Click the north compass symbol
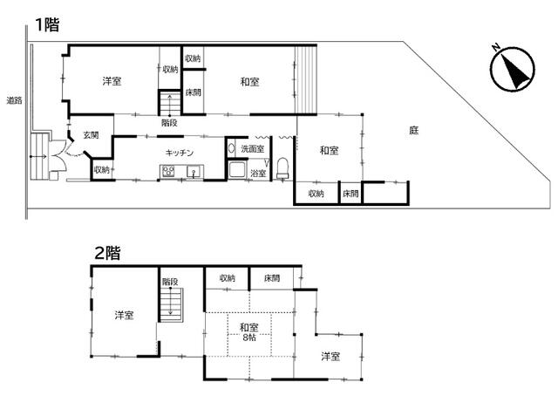tap(513, 68)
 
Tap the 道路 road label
tap(14, 100)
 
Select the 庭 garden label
tap(413, 130)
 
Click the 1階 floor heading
tap(47, 25)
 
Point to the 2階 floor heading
tap(107, 253)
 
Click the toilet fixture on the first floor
tap(282, 168)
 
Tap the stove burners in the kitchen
tap(167, 172)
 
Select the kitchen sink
tap(194, 172)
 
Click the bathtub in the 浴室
tap(237, 169)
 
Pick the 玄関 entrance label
tap(91, 135)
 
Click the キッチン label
tap(180, 153)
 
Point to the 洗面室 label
tap(252, 149)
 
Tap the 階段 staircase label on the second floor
tap(170, 282)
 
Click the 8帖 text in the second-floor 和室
tap(249, 338)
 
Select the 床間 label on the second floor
tap(272, 277)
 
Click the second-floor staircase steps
tap(171, 305)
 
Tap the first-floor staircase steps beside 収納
tap(170, 103)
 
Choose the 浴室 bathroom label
tap(258, 174)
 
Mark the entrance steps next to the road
tap(38, 156)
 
